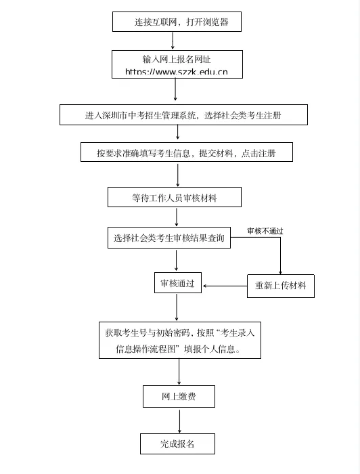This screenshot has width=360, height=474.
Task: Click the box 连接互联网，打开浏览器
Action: [x=179, y=22]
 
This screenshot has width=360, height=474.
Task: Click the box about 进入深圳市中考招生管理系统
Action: [x=183, y=115]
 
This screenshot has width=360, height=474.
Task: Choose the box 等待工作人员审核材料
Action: [x=175, y=198]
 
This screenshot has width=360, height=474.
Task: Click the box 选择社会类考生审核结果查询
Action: [x=168, y=238]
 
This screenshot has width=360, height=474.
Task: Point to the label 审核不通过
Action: [x=265, y=231]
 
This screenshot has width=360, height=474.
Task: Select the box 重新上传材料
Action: [x=280, y=285]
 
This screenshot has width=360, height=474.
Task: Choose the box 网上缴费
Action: [x=179, y=396]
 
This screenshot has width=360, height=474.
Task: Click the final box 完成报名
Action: [x=177, y=444]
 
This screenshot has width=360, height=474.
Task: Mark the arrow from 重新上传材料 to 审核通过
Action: [x=225, y=286]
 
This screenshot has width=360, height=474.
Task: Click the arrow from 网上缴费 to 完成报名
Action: [x=179, y=421]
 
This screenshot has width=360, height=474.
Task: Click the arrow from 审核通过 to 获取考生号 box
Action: [x=177, y=307]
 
